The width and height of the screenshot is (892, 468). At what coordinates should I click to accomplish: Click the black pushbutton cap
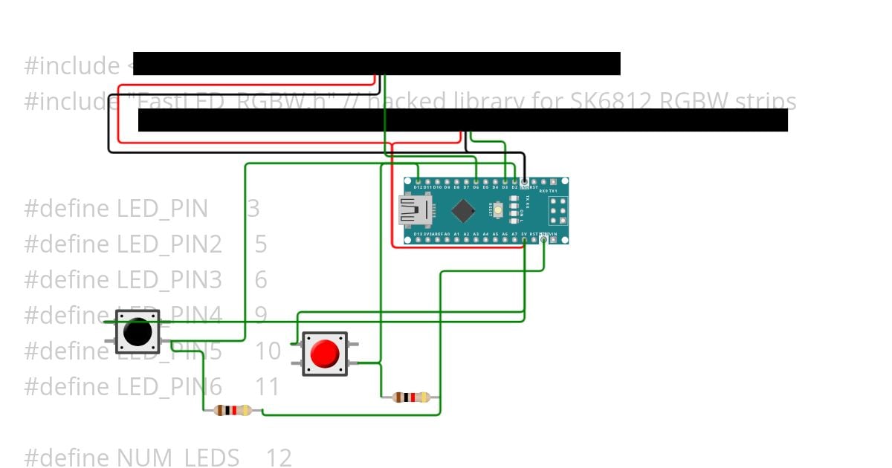pyautogui.click(x=138, y=331)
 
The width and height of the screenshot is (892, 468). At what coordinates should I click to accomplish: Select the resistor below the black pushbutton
pyautogui.click(x=233, y=410)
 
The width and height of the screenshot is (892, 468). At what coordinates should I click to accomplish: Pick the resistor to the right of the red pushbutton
pyautogui.click(x=411, y=397)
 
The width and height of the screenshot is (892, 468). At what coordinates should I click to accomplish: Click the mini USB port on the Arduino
pyautogui.click(x=411, y=210)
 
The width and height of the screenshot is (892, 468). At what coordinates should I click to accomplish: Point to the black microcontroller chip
pyautogui.click(x=462, y=211)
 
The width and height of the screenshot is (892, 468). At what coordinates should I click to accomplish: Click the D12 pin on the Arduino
pyautogui.click(x=418, y=181)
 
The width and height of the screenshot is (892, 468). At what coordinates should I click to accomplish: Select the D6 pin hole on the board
pyautogui.click(x=476, y=181)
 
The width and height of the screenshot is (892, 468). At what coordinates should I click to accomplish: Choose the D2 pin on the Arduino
pyautogui.click(x=514, y=181)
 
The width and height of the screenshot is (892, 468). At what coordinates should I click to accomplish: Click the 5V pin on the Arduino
pyautogui.click(x=524, y=240)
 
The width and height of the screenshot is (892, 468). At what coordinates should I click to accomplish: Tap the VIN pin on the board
pyautogui.click(x=553, y=240)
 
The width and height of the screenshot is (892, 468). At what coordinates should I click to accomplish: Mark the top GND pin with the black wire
pyautogui.click(x=524, y=181)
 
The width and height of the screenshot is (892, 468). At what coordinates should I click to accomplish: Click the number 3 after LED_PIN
pyautogui.click(x=253, y=209)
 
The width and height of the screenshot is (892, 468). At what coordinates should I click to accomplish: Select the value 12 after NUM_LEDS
pyautogui.click(x=279, y=458)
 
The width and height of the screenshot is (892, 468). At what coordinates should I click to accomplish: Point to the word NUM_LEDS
pyautogui.click(x=178, y=458)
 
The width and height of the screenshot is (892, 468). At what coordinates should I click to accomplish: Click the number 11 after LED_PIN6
pyautogui.click(x=268, y=386)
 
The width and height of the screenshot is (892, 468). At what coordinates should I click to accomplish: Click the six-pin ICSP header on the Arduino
pyautogui.click(x=558, y=211)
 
